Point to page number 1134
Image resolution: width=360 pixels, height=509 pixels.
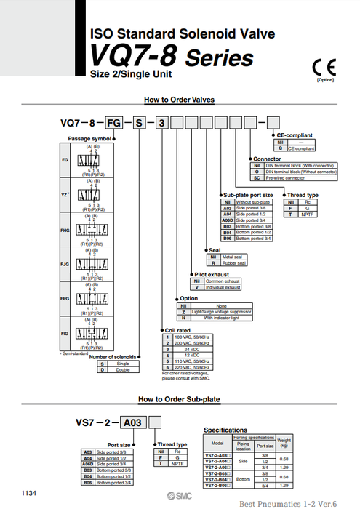click(x=28, y=493)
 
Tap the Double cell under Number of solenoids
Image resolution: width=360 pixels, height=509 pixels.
click(x=129, y=370)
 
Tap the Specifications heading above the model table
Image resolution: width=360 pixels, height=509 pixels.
click(x=226, y=430)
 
